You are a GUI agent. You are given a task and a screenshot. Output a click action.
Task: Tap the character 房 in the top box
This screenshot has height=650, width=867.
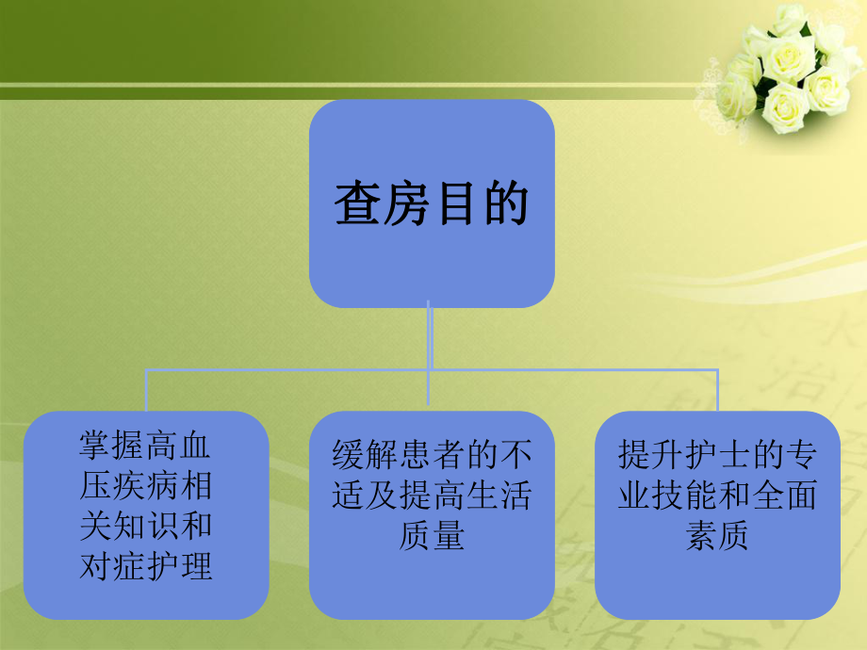(x=407, y=203)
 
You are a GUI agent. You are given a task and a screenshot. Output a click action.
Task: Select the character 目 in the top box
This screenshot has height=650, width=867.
(x=456, y=203)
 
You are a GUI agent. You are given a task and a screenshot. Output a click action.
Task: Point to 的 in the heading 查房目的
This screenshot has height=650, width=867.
(x=505, y=203)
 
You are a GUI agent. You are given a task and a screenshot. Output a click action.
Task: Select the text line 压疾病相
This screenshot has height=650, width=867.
(x=145, y=487)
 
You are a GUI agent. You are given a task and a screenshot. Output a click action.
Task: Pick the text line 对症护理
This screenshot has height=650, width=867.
(x=145, y=566)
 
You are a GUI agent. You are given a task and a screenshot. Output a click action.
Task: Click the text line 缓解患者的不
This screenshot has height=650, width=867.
(x=432, y=456)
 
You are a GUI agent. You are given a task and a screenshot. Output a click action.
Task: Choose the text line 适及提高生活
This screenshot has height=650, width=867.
(x=432, y=496)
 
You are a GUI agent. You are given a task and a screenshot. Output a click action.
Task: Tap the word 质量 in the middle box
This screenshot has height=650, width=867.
(x=432, y=536)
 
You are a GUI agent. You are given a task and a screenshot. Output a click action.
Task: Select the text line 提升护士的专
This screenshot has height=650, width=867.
(x=717, y=456)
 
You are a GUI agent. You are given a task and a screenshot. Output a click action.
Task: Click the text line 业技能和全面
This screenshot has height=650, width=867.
(x=717, y=496)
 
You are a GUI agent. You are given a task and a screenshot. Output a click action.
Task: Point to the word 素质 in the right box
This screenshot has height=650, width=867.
(x=717, y=536)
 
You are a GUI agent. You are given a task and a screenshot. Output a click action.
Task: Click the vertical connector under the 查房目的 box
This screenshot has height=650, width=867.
(x=430, y=339)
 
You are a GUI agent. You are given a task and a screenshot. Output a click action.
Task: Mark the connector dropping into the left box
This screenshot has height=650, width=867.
(x=146, y=391)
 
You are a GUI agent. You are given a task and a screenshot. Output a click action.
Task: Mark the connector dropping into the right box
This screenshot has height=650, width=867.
(x=717, y=391)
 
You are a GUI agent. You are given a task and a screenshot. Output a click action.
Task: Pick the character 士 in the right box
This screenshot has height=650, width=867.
(x=717, y=456)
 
